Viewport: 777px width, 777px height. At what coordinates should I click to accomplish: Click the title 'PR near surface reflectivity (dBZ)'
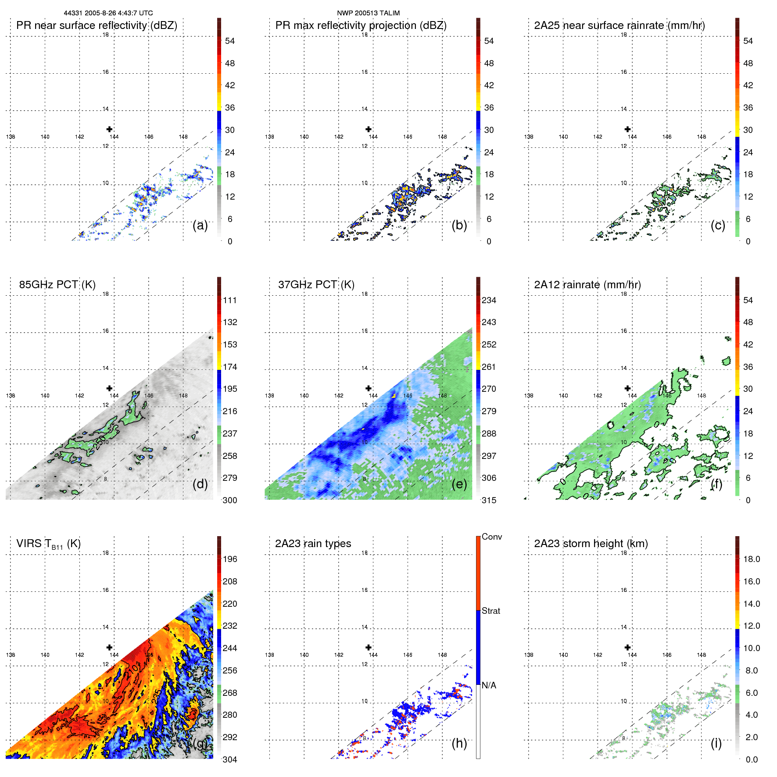tap(97, 25)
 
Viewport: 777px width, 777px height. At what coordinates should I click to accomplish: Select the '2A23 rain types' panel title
tap(313, 544)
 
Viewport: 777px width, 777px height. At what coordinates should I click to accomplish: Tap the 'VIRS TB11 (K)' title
tap(48, 544)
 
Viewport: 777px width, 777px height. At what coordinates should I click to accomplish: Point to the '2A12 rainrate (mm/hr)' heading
tap(587, 285)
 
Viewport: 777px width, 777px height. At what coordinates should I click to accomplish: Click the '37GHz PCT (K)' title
tap(316, 285)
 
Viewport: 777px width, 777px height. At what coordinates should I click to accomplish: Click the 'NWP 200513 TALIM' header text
tap(368, 13)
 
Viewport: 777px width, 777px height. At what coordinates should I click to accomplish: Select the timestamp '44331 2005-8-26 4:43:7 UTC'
tap(108, 13)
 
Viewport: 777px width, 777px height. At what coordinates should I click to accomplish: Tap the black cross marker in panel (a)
tap(109, 129)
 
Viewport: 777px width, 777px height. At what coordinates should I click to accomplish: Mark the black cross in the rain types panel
tap(369, 647)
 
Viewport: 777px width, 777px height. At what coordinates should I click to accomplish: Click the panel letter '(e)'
tap(459, 484)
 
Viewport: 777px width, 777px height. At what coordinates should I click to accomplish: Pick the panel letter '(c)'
tap(718, 225)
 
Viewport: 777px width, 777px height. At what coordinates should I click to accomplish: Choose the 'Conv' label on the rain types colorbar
tap(492, 537)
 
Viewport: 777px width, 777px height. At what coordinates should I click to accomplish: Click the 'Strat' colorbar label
tap(491, 611)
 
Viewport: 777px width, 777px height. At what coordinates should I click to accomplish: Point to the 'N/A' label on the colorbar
tap(489, 685)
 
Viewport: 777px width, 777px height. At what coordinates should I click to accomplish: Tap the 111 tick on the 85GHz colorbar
tap(230, 300)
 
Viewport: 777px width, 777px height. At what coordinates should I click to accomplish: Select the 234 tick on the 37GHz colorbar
tap(489, 300)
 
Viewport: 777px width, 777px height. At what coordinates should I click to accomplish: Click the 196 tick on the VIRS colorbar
tap(230, 559)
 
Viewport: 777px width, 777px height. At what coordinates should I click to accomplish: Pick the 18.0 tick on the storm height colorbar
tap(752, 559)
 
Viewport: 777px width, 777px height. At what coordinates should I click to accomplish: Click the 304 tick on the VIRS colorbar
tap(230, 759)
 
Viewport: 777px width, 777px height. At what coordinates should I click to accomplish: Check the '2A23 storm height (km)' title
tap(591, 544)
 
